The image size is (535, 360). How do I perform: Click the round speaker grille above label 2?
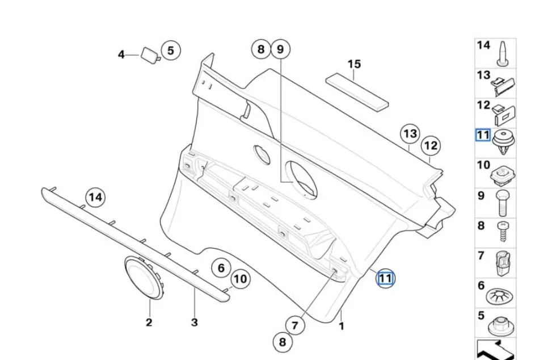tap(143, 277)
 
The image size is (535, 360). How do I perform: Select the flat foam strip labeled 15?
tap(357, 89)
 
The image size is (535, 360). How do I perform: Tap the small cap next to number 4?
tap(150, 55)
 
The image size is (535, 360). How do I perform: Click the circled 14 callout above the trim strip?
tap(95, 198)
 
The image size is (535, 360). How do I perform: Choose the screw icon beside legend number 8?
tap(503, 232)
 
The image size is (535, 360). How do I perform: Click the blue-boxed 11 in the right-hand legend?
tap(482, 135)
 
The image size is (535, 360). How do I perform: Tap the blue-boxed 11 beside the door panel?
tap(386, 278)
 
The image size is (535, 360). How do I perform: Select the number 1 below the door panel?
tap(342, 326)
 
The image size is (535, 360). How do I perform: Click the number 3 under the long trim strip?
tap(194, 322)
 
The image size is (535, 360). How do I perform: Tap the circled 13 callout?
tap(410, 134)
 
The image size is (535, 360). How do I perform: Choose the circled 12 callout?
tap(431, 146)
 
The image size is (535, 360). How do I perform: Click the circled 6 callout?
tap(221, 267)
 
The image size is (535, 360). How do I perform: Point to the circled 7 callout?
tap(294, 325)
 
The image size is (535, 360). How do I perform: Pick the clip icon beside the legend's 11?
tap(503, 142)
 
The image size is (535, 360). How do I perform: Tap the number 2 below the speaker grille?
tap(149, 322)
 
